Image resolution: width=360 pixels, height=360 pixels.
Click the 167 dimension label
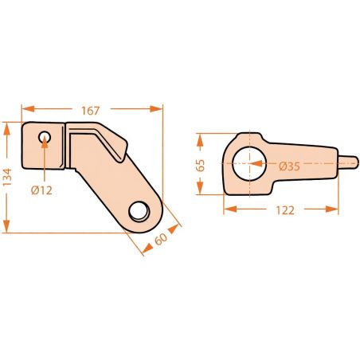90,111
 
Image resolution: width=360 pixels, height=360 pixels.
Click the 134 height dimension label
7,177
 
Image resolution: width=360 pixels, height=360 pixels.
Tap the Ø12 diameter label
41,190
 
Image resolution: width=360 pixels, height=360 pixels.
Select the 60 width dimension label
161,239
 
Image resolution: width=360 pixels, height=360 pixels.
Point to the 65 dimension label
201,166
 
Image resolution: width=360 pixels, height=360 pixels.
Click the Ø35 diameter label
289,166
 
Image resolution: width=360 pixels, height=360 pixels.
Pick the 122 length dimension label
285,210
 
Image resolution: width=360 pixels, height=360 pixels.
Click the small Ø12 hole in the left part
45,137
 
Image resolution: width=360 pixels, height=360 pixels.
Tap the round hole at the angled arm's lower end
139,212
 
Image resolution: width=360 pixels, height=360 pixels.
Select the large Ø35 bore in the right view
249,163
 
